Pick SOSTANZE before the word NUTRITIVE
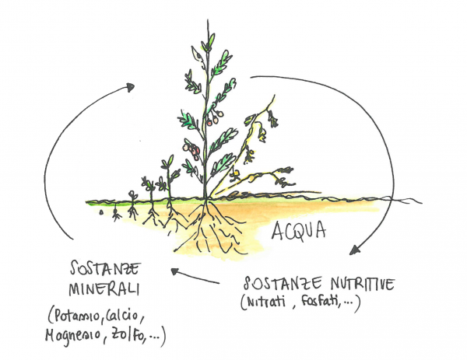pyautogui.click(x=277, y=281)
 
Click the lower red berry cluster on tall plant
pyautogui.click(x=190, y=147)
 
